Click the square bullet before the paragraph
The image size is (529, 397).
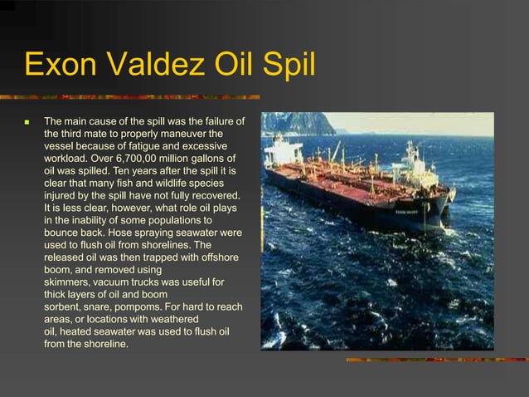pyautogui.click(x=27, y=122)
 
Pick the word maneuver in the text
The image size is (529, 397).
pyautogui.click(x=182, y=133)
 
